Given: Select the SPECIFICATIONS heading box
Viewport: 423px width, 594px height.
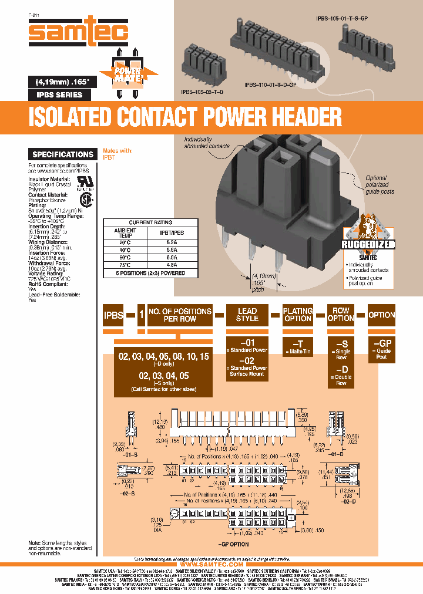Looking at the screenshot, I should point(62,154).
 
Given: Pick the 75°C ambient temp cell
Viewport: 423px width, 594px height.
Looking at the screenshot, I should point(124,264).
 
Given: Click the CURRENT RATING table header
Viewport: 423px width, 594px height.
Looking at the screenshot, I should point(150,223).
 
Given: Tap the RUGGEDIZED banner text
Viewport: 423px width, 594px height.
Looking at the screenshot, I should point(370,245).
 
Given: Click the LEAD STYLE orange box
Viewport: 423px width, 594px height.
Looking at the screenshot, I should point(247,315).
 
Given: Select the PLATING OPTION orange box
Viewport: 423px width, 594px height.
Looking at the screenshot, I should point(297,315).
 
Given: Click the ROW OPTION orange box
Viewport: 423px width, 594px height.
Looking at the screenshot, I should point(341,315).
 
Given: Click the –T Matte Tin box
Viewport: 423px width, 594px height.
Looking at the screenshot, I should point(297,347).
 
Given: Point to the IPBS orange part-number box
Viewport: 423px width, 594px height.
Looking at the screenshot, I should point(113,315).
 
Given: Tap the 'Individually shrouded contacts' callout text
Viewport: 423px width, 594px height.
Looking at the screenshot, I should point(206,142).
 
